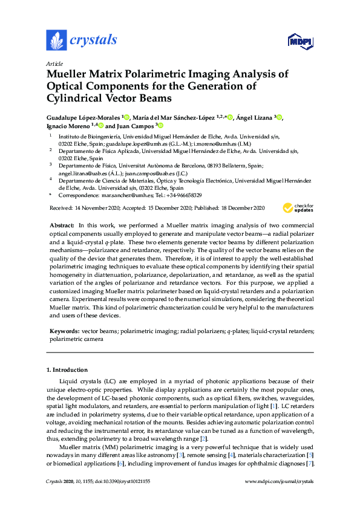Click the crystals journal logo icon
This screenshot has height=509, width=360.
56,41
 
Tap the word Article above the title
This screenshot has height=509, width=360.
54,63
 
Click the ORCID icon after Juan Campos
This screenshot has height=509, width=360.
160,126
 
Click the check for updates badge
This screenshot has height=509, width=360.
298,208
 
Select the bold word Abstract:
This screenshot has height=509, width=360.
62,224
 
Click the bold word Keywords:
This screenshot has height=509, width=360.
64,331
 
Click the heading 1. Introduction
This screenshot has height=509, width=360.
67,369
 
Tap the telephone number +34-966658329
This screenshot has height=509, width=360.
183,196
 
